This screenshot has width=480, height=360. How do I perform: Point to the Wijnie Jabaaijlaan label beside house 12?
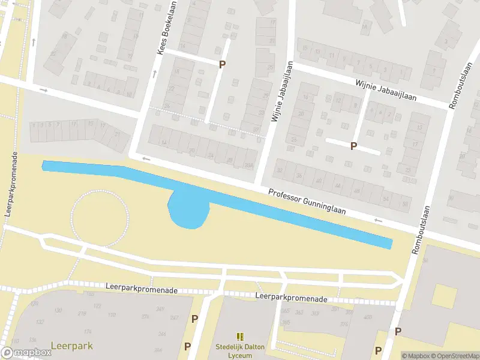pos(385,91)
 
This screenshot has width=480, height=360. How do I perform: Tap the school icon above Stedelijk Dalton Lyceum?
pos(240,337)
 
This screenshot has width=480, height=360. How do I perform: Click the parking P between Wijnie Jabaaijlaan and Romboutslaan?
pos(353,146)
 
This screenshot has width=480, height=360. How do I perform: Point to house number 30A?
pos(248,166)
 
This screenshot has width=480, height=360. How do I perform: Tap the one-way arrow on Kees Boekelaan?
pos(154,74)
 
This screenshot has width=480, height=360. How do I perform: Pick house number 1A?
pos(163,142)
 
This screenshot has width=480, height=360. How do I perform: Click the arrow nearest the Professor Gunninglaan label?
pos(377,220)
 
